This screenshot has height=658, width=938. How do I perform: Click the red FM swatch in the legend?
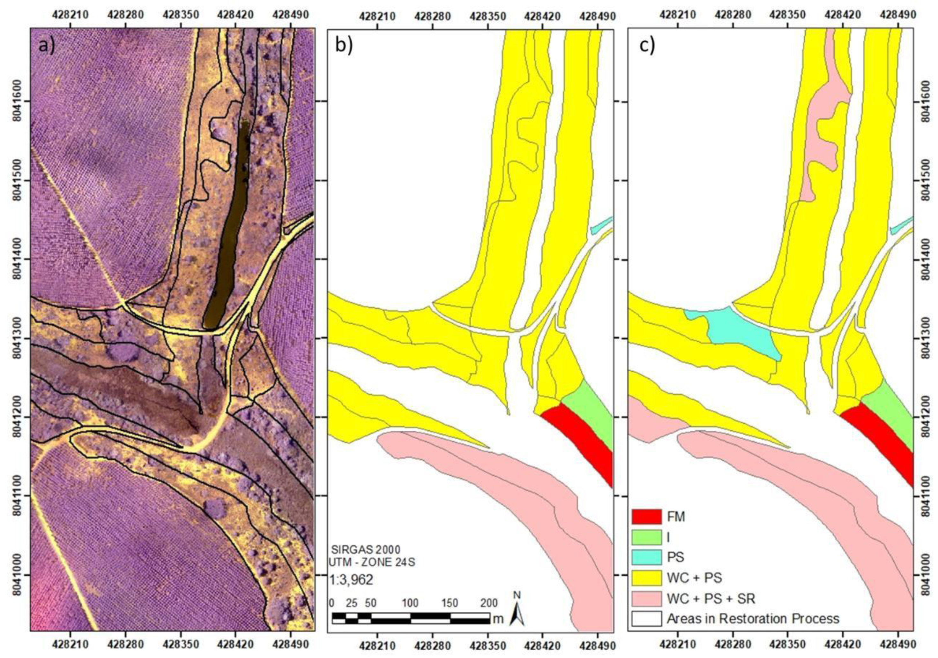point(646,517)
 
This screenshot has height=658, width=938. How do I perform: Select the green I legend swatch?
point(646,537)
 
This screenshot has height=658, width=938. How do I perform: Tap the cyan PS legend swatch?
point(646,557)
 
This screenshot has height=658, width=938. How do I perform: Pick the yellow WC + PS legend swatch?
point(646,578)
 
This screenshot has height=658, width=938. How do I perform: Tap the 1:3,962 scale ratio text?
point(351,580)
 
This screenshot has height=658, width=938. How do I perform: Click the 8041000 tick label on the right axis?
point(929,575)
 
